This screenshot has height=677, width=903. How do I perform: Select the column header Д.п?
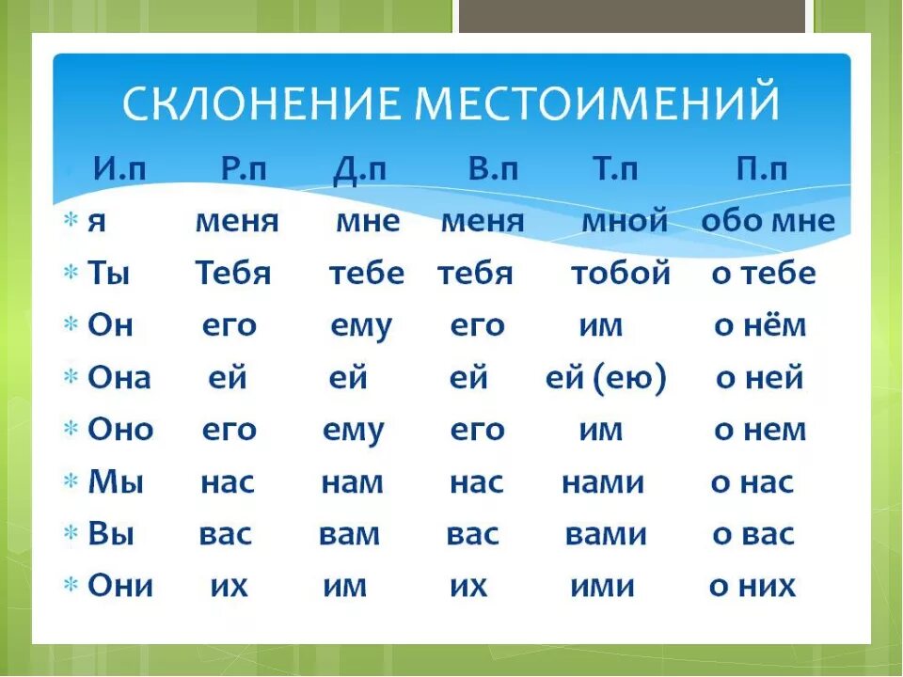coord(359,169)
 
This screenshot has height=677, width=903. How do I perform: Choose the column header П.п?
coord(761,169)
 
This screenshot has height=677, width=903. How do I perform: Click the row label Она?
coord(119,378)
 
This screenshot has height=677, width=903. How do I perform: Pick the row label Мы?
coord(116,482)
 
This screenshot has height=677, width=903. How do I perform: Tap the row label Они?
coord(120,586)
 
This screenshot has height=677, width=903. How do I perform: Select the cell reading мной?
coord(625,222)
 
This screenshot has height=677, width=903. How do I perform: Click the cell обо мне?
coord(768,222)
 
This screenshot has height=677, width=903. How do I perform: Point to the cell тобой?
coord(621,274)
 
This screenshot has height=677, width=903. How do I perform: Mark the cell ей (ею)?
coord(606,379)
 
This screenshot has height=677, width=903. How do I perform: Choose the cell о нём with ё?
coord(760,326)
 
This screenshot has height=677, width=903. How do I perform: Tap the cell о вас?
coord(753,535)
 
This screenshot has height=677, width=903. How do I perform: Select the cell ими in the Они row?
coord(602,587)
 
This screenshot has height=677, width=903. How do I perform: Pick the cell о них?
coord(752,587)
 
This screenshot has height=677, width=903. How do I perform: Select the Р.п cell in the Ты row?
coord(233,274)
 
